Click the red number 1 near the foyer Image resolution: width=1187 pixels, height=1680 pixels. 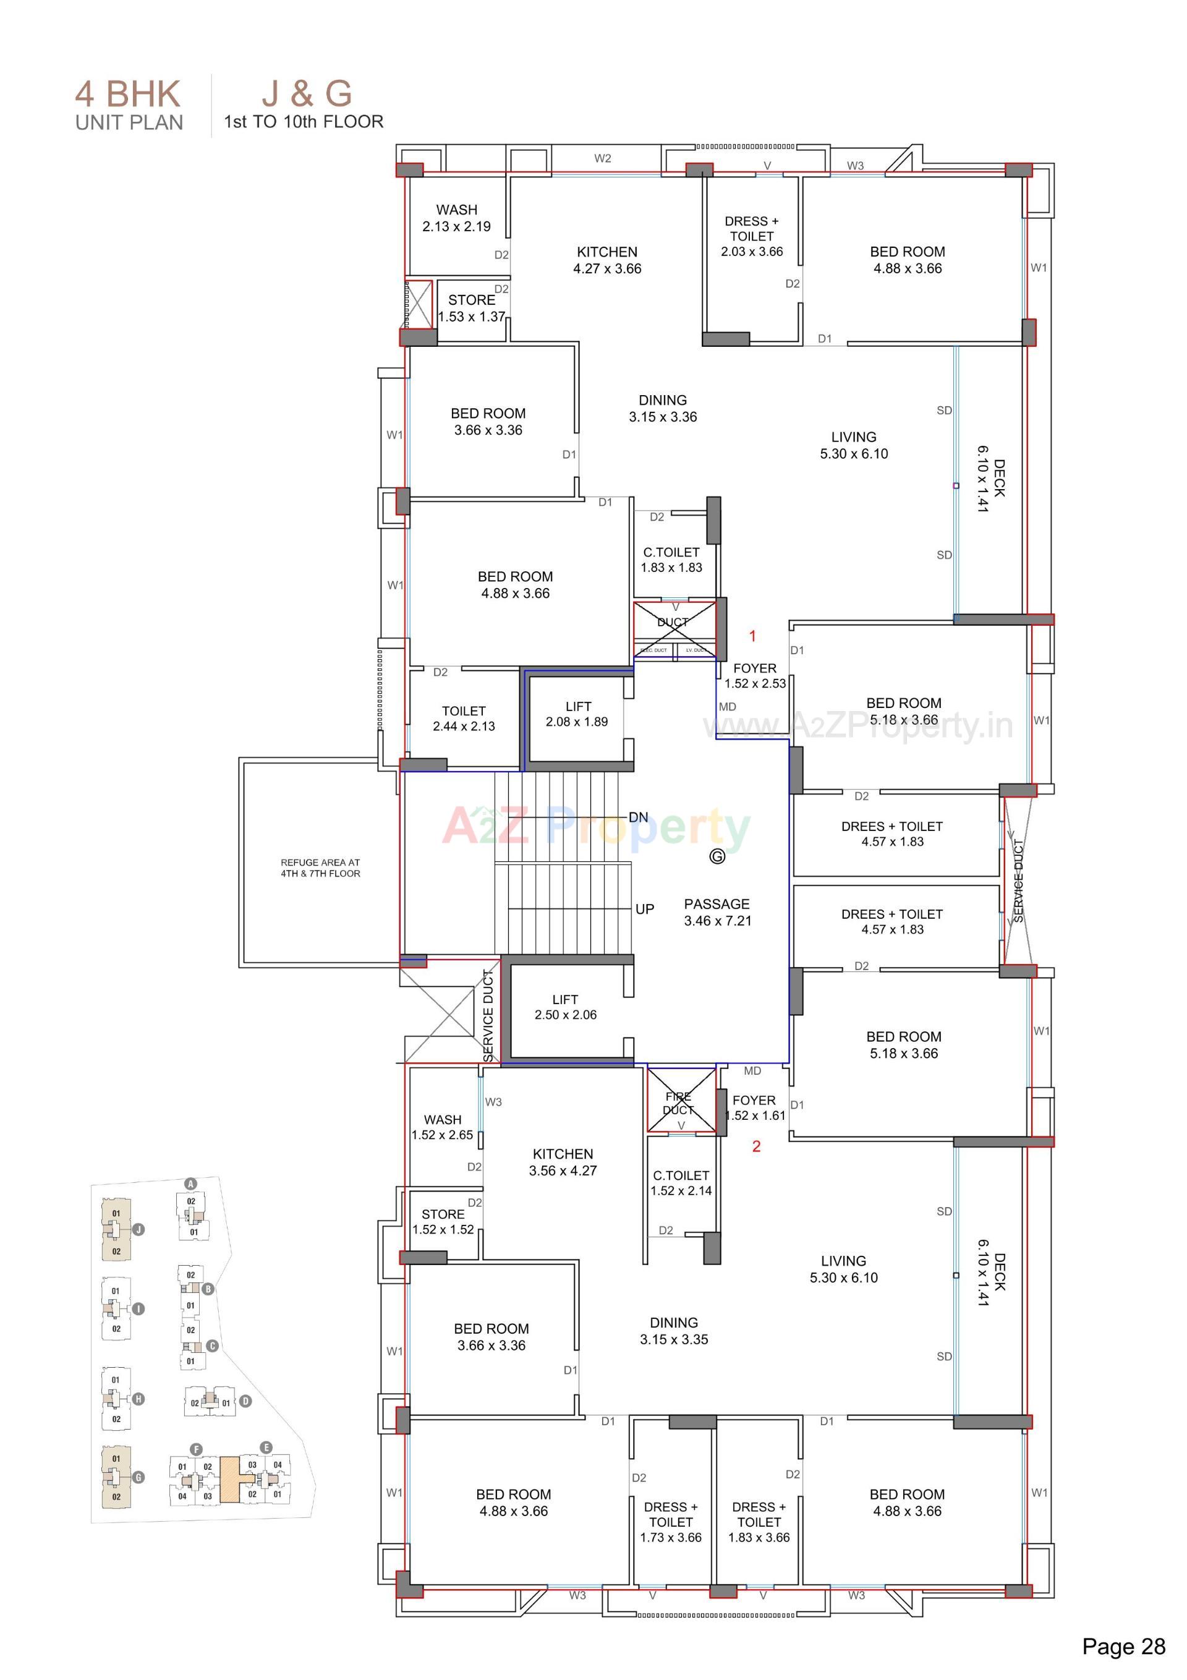click(752, 636)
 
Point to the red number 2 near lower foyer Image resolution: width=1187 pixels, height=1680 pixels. click(756, 1146)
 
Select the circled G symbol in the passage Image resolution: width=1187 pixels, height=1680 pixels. click(717, 856)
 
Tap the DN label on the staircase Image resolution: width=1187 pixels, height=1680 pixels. click(638, 817)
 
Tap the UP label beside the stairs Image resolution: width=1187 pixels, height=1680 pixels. click(645, 909)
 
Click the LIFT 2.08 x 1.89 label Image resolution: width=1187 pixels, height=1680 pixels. click(577, 714)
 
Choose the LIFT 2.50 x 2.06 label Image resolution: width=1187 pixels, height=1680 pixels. click(565, 1007)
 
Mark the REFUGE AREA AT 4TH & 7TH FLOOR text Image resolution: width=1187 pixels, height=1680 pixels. click(320, 868)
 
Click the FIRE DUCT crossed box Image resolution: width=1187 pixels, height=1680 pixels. click(681, 1101)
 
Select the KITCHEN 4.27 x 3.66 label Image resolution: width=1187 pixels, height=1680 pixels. click(606, 260)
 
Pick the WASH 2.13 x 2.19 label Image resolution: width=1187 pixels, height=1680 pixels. click(457, 218)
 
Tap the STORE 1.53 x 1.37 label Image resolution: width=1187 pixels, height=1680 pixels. click(472, 308)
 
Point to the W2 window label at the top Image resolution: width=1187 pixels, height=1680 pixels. click(602, 158)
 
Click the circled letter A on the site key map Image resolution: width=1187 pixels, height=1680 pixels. click(191, 1184)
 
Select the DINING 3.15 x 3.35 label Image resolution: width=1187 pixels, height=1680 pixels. click(673, 1331)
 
